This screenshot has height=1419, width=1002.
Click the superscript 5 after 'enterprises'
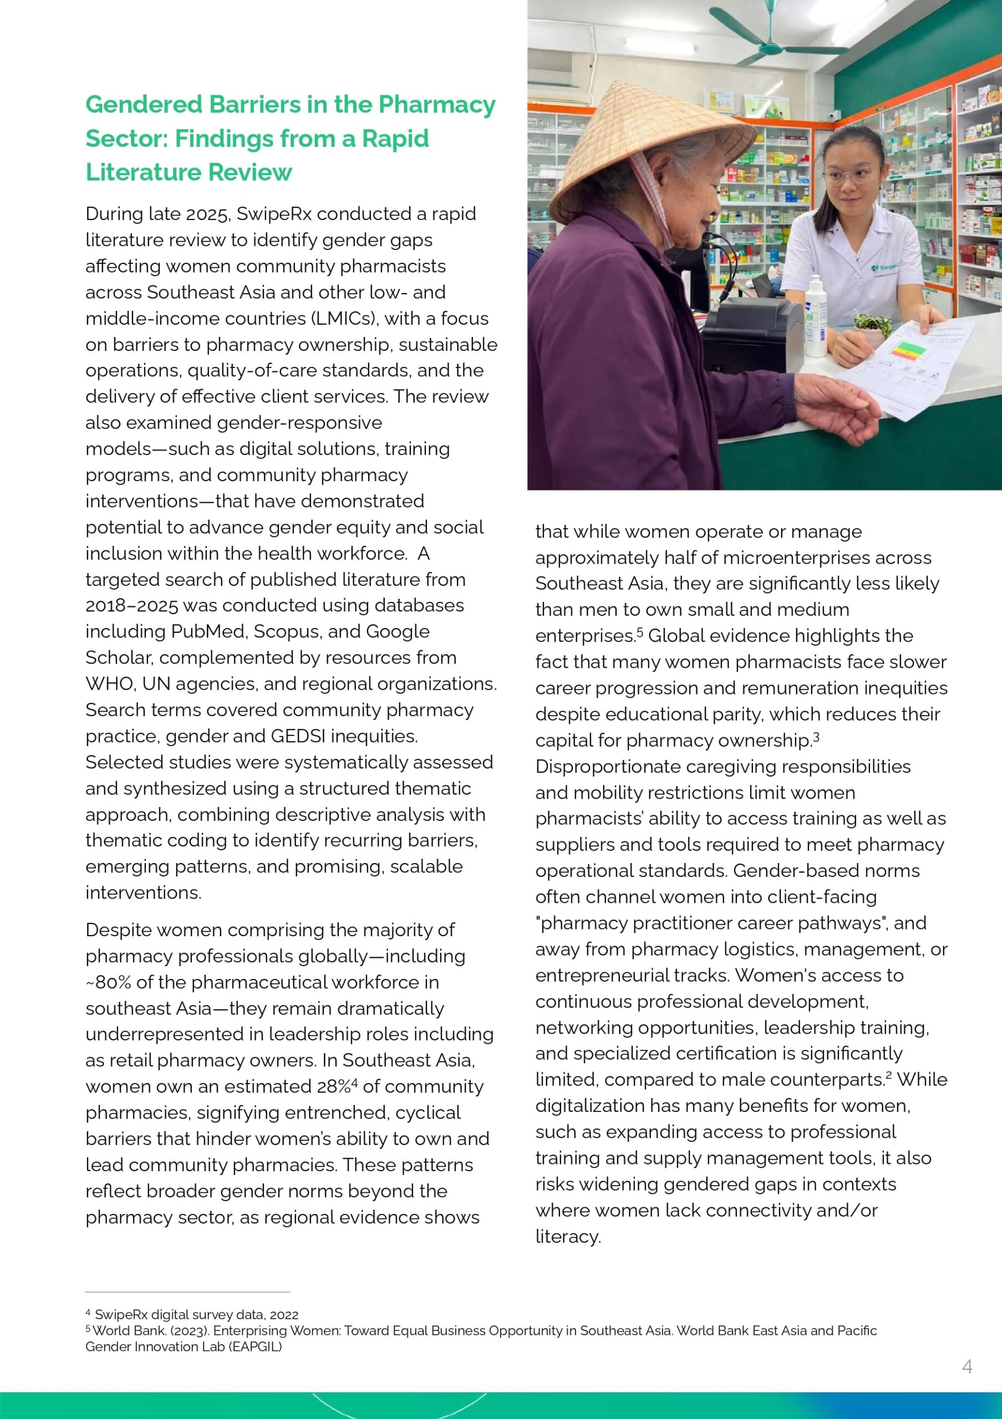point(640,632)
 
